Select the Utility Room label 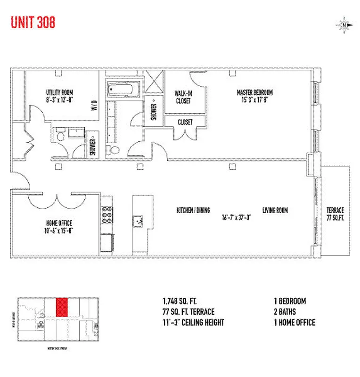[x=59, y=92]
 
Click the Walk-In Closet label [x=183, y=97]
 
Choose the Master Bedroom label [x=254, y=92]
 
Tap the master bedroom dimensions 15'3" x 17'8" [x=254, y=99]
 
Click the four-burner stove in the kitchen [x=106, y=215]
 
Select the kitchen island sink [x=139, y=220]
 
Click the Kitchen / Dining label [x=193, y=211]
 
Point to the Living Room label [x=275, y=211]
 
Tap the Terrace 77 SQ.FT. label [x=335, y=214]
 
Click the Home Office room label [x=59, y=223]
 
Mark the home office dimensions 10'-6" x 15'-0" [x=59, y=230]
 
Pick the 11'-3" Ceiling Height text [x=193, y=323]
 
